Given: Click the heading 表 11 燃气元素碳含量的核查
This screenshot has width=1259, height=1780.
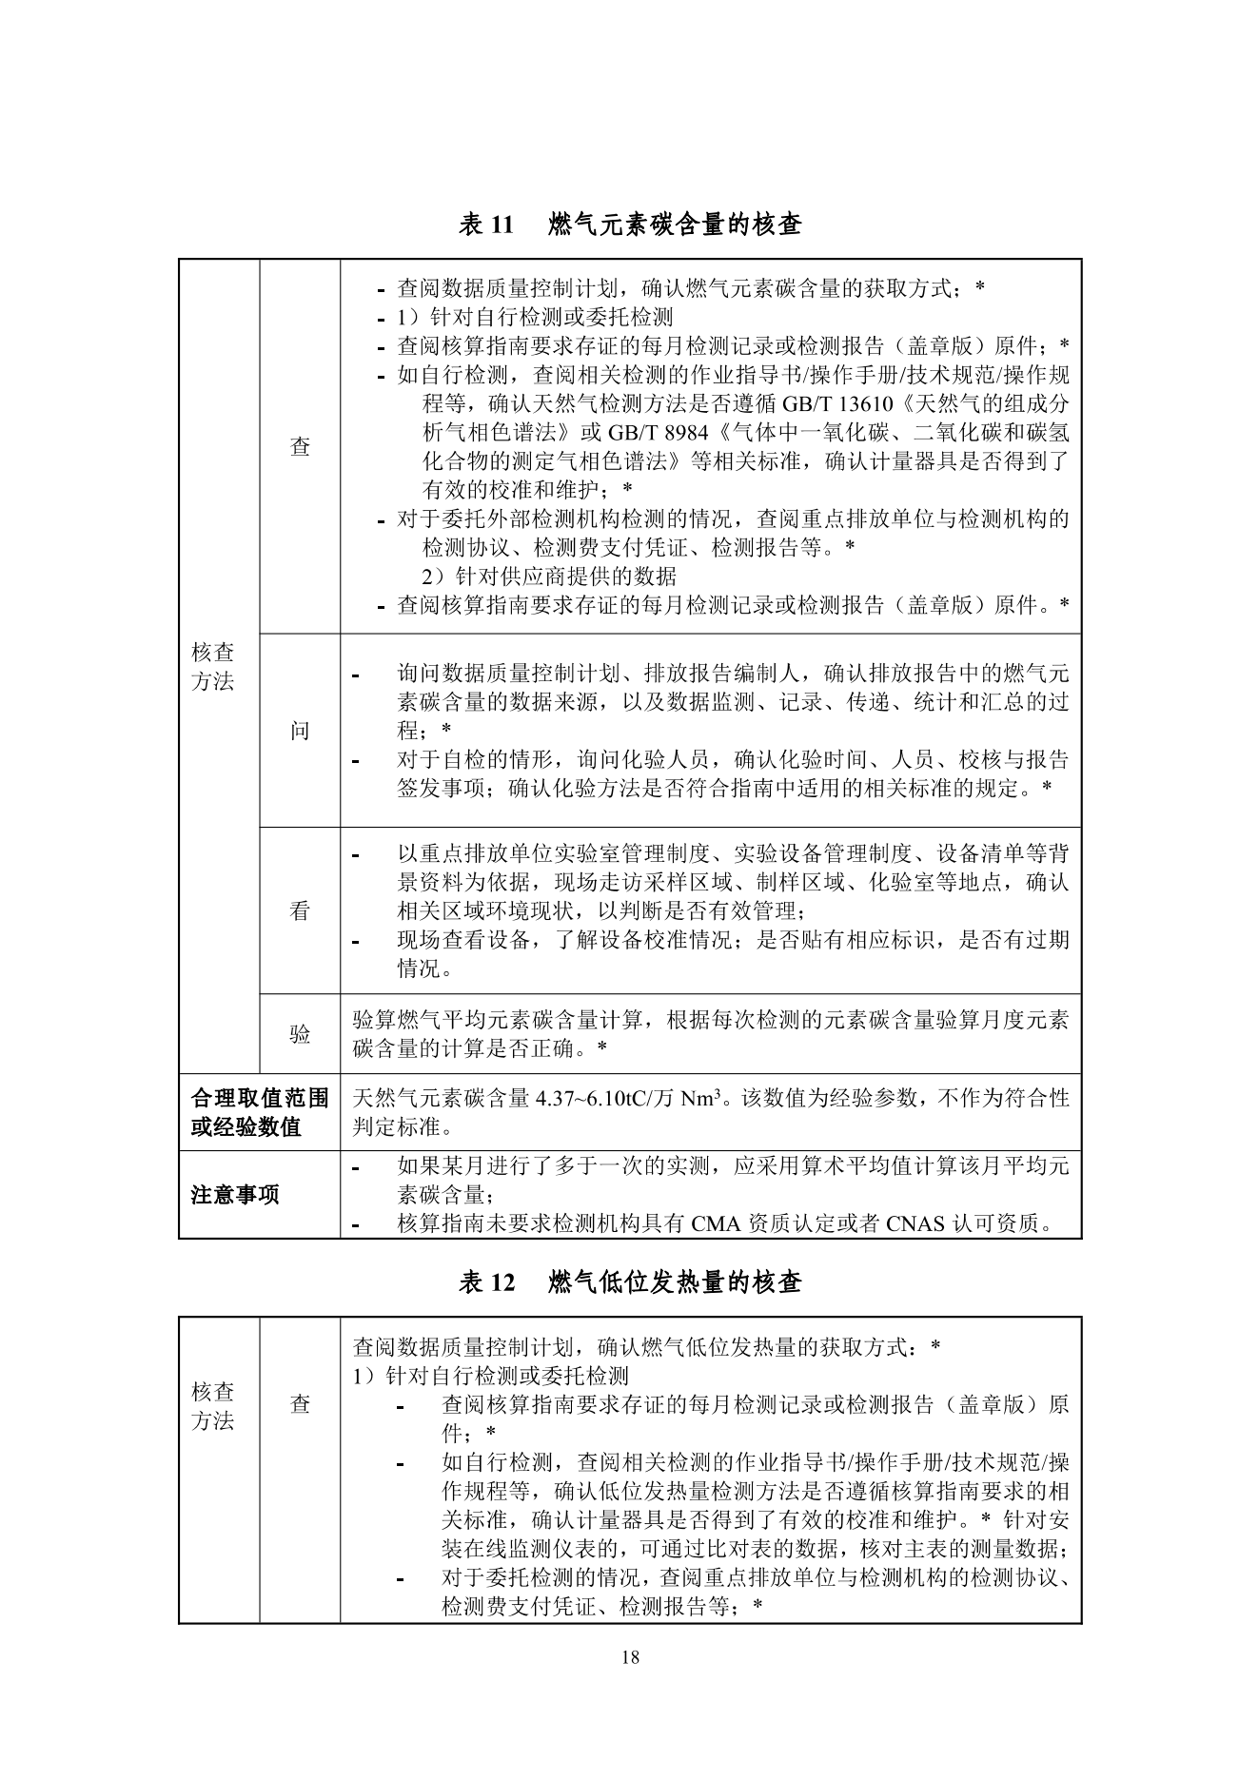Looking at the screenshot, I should point(629,225).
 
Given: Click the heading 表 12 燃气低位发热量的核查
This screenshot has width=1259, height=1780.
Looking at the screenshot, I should point(629,1282).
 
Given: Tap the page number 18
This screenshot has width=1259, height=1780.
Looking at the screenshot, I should point(629,1657).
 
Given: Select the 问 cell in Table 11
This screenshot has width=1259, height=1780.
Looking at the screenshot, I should point(300,731).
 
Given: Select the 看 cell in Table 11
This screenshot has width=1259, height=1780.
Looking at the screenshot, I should point(300,910).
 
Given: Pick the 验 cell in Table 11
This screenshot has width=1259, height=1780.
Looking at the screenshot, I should point(300,1034).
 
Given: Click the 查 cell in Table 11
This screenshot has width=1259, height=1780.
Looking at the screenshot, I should point(300,446).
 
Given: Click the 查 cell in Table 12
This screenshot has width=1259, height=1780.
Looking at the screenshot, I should point(300,1403).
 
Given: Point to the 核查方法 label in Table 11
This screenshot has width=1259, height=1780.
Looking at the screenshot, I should point(213,666).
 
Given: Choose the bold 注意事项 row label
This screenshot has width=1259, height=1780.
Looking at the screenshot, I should point(235,1195).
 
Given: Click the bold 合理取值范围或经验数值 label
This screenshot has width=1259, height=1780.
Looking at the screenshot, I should point(259,1112).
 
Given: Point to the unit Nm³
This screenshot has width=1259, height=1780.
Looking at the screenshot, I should point(700,1099).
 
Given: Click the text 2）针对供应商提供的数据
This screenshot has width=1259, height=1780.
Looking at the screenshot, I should point(549,576).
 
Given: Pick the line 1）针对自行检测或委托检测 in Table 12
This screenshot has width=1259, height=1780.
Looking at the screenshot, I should point(490,1376).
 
